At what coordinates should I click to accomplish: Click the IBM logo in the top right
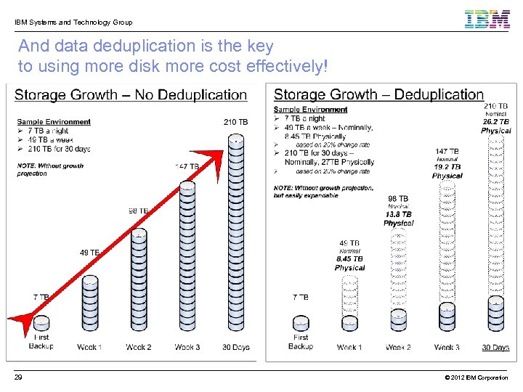point(487,19)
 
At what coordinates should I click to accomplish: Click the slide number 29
point(18,377)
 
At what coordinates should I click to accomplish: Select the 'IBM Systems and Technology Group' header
point(73,23)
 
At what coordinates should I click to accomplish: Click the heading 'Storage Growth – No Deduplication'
point(131,95)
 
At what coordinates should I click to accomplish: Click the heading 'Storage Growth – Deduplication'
point(378,95)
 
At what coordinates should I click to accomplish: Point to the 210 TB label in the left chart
point(236,122)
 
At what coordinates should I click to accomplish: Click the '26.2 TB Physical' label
point(495,126)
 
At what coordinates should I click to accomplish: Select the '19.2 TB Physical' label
point(447,171)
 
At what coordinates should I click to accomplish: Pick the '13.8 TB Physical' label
point(398,219)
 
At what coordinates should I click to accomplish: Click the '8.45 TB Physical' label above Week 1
point(349,264)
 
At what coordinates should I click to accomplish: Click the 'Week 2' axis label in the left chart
point(138,347)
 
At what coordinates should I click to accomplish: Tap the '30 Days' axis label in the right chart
point(495,347)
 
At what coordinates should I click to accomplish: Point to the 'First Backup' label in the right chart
point(301,342)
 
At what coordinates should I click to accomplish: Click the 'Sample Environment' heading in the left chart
point(54,122)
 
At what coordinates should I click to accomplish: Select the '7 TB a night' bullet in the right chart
point(304,118)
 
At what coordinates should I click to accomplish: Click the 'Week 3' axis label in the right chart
point(447,347)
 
